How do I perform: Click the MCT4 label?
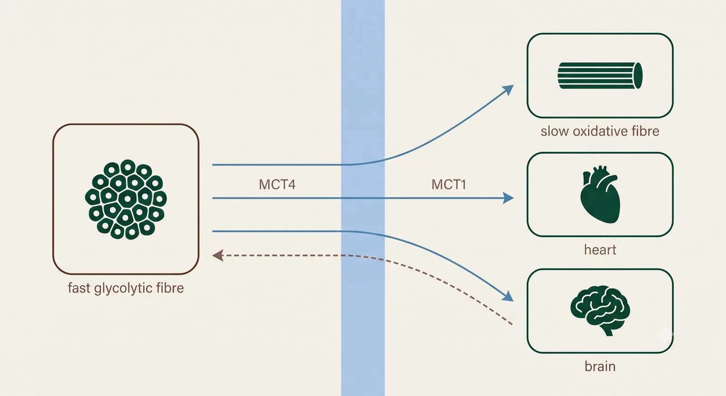point(277,184)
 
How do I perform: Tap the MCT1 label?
point(449,184)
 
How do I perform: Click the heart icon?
point(600,195)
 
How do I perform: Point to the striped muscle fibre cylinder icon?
point(600,75)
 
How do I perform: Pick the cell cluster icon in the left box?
point(126,199)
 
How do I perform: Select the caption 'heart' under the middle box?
point(600,250)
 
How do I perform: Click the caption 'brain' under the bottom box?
point(600,367)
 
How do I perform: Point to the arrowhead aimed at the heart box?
point(508,198)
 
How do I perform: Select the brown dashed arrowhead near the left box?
point(218,255)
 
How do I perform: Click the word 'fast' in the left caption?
point(79,288)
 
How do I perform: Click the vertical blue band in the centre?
point(363,198)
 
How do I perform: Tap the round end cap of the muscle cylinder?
point(638,75)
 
